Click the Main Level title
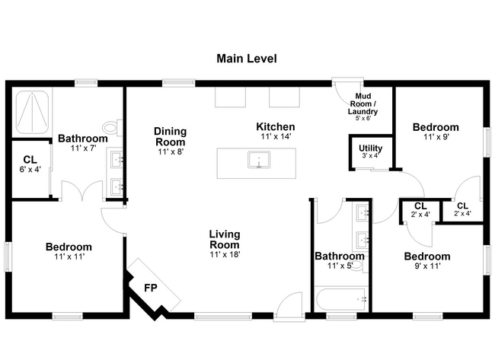(x=247, y=58)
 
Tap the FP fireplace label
(x=151, y=289)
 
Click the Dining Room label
(x=171, y=136)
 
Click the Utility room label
(x=371, y=148)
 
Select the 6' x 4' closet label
(x=30, y=163)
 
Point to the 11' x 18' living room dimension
(x=225, y=254)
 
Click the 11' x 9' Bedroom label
(x=436, y=127)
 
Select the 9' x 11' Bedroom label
(x=426, y=256)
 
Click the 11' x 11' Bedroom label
(x=69, y=247)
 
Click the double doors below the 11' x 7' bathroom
(x=82, y=190)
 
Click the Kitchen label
(x=275, y=126)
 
